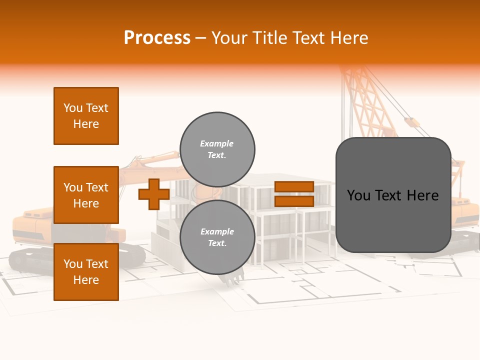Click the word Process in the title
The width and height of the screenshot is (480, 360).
tap(157, 38)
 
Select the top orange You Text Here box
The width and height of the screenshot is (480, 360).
tap(86, 116)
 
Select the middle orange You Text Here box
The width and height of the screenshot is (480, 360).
tap(86, 195)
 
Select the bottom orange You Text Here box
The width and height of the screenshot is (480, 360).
tap(86, 272)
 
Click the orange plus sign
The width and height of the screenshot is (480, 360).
tap(153, 194)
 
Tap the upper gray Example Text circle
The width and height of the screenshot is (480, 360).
tap(217, 149)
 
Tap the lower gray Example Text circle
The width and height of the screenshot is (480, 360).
tap(217, 237)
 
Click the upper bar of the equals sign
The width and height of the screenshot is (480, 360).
tap(294, 186)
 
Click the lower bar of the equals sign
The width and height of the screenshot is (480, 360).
tap(294, 201)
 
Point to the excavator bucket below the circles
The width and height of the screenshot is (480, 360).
tap(232, 278)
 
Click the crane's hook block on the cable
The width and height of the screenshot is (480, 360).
tap(411, 122)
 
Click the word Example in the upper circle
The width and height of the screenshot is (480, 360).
tap(216, 143)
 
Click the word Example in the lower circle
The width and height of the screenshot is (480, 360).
tap(216, 231)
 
